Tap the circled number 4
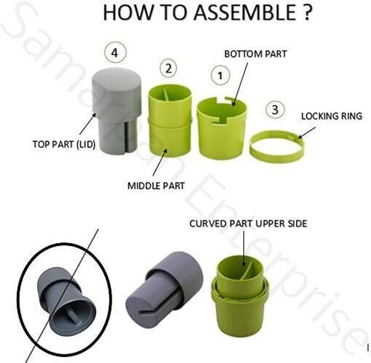tap(115, 53)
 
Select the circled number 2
tap(168, 69)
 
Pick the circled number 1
tap(220, 76)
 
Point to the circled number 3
tap(275, 110)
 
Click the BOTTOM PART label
tap(255, 54)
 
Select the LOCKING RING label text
tap(332, 116)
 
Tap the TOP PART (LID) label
tap(64, 144)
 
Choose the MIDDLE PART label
tap(156, 186)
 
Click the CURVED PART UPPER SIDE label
tap(248, 224)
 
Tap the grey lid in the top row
tap(117, 111)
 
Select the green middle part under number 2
tap(170, 120)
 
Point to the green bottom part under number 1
tap(222, 128)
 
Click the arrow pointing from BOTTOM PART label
tap(240, 84)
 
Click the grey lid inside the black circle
tap(66, 301)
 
